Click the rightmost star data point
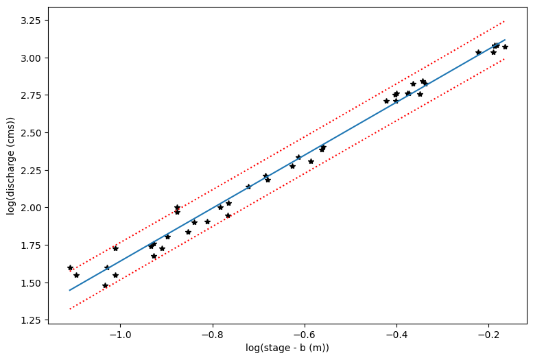[505, 47]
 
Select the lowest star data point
[105, 285]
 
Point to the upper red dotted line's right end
[505, 21]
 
